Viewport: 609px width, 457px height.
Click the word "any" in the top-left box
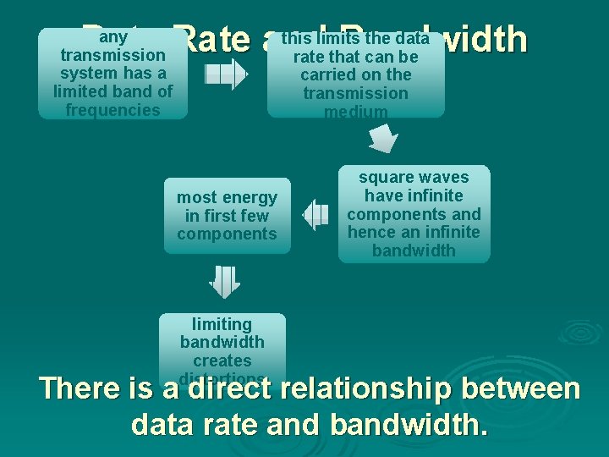click(x=112, y=37)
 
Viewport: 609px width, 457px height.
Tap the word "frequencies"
click(x=112, y=110)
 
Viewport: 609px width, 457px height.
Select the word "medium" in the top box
click(x=355, y=112)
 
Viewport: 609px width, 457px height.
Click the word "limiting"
click(x=222, y=324)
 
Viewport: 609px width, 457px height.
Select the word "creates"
click(x=222, y=361)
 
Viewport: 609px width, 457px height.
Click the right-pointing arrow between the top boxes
click(x=226, y=75)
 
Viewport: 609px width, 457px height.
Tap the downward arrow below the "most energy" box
click(x=225, y=282)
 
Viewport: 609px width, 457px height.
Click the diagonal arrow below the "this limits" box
click(x=383, y=137)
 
